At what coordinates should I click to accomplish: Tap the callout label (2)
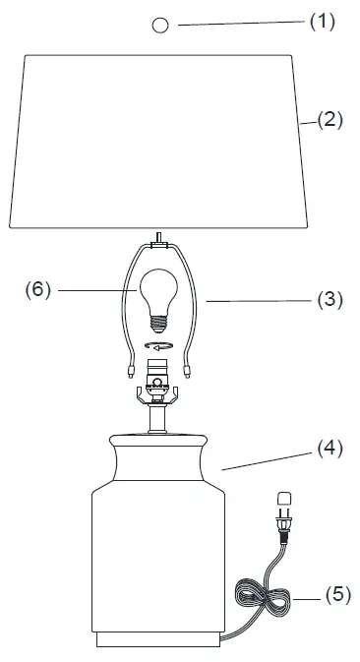pyautogui.click(x=329, y=120)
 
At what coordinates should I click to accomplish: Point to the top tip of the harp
pyautogui.click(x=157, y=236)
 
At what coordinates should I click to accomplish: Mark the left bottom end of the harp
pyautogui.click(x=132, y=372)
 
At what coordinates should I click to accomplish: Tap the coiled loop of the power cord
pyautogui.click(x=261, y=597)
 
